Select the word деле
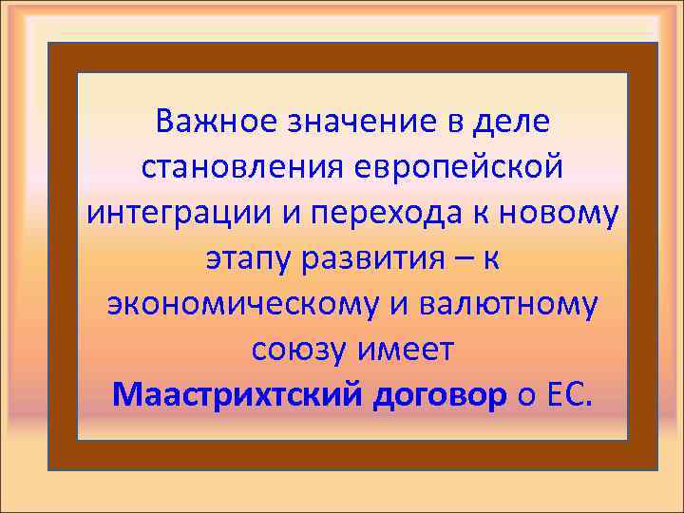point(518,123)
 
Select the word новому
point(566,214)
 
